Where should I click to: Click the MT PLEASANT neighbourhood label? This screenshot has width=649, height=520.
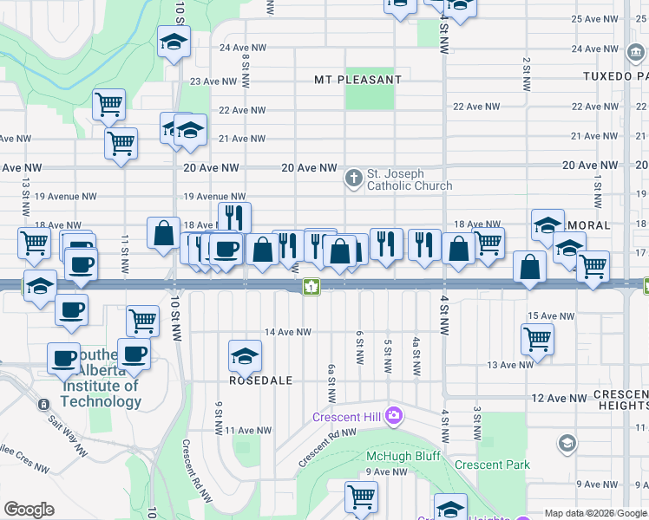pos(358,80)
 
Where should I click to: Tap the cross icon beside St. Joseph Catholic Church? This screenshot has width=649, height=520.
pos(353,179)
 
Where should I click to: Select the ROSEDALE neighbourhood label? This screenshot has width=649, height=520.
pos(260,380)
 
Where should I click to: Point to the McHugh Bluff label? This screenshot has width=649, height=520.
pos(403,456)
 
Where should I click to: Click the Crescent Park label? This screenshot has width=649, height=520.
pos(492,465)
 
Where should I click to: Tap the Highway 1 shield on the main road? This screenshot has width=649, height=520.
pos(310,287)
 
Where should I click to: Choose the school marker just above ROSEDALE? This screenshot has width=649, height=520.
pos(245,355)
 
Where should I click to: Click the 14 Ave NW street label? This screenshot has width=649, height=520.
pos(288,332)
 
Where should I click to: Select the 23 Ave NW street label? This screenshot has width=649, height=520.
pos(213,81)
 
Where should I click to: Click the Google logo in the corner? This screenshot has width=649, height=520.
pos(29,510)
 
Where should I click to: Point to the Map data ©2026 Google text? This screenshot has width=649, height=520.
pos(595,513)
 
